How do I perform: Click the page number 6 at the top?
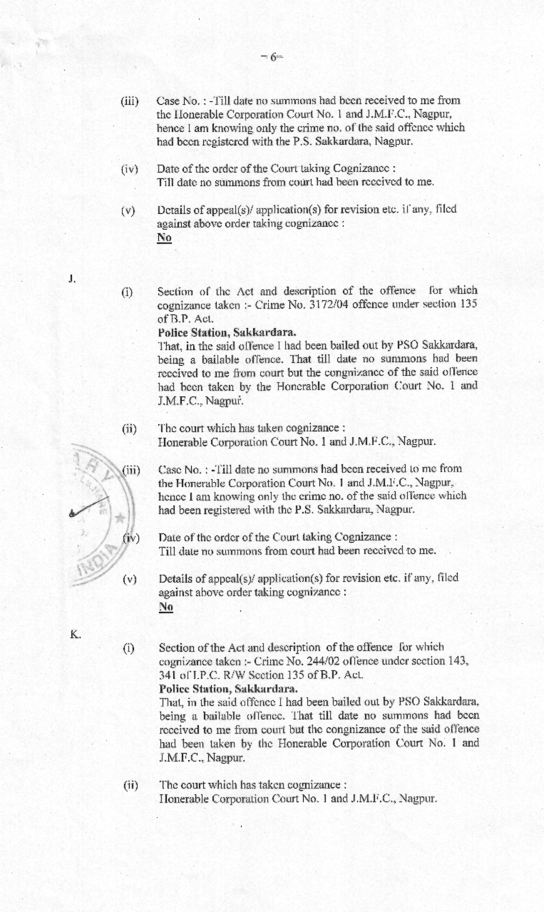[272, 58]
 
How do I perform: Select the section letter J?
[72, 278]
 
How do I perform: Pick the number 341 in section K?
[167, 675]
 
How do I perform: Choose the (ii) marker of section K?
[129, 784]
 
